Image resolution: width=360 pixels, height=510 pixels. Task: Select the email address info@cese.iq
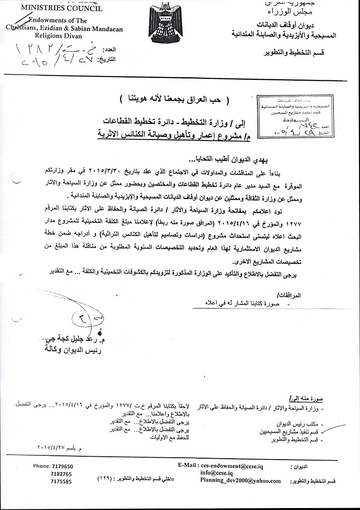coord(218,473)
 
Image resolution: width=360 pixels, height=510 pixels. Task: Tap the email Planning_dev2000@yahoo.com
coord(240,481)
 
